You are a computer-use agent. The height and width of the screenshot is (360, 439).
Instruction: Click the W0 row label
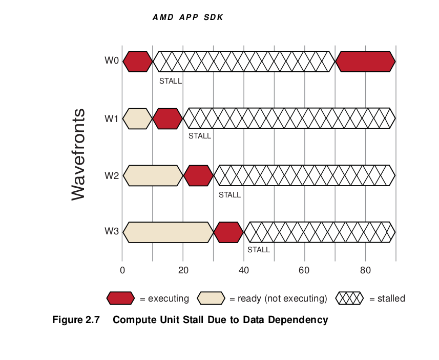click(x=112, y=61)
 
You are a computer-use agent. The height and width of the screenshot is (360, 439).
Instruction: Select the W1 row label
click(x=112, y=118)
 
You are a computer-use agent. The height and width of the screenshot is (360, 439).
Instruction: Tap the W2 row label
click(x=112, y=175)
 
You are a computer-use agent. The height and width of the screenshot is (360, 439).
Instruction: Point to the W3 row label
click(x=112, y=231)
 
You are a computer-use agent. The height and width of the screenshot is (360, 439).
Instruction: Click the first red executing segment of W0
click(x=138, y=62)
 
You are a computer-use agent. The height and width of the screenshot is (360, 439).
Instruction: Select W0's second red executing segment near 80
click(x=365, y=62)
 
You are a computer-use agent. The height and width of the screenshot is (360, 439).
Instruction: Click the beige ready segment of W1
click(x=138, y=118)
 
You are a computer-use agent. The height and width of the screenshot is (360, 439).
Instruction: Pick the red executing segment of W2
click(x=198, y=175)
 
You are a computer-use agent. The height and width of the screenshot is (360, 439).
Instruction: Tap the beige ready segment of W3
click(x=168, y=232)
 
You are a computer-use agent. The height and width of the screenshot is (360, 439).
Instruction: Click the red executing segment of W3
click(x=229, y=232)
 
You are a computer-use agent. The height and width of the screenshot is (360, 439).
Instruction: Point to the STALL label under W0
click(x=171, y=81)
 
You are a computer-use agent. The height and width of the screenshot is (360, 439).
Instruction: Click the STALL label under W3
click(x=259, y=250)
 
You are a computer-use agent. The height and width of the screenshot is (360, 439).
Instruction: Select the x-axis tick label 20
click(x=183, y=270)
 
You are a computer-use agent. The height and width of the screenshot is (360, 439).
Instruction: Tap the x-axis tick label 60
click(x=304, y=270)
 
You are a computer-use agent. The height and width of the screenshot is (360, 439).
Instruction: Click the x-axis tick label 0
click(x=122, y=270)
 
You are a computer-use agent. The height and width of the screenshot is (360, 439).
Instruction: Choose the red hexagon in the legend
click(x=120, y=298)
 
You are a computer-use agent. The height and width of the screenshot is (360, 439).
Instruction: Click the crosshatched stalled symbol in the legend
click(x=349, y=298)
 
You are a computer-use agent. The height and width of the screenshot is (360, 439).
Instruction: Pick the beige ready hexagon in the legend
click(x=211, y=298)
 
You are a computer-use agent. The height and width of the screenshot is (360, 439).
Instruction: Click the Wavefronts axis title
click(x=78, y=154)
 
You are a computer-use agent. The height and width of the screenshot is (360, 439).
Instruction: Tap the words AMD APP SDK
click(x=188, y=17)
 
